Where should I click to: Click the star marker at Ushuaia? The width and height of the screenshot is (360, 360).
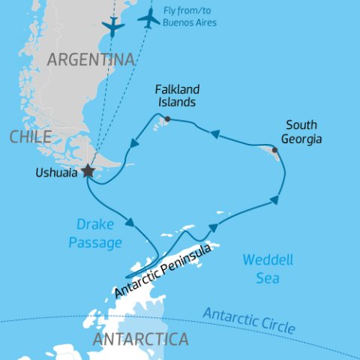88,171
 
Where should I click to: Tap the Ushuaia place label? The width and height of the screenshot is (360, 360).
55,172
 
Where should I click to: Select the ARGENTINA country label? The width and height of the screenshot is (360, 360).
91,59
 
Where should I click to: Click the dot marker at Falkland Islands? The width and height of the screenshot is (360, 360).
167,118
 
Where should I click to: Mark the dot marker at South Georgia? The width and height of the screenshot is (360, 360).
274,150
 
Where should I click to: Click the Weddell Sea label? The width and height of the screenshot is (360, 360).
262,268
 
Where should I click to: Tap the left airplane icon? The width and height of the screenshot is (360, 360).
112,27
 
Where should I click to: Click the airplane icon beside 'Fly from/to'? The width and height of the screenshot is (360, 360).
149,19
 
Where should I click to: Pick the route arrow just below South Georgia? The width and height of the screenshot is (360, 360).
275,199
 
